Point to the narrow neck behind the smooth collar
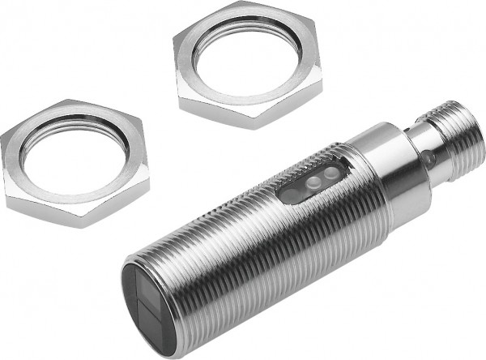[x=413, y=154]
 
